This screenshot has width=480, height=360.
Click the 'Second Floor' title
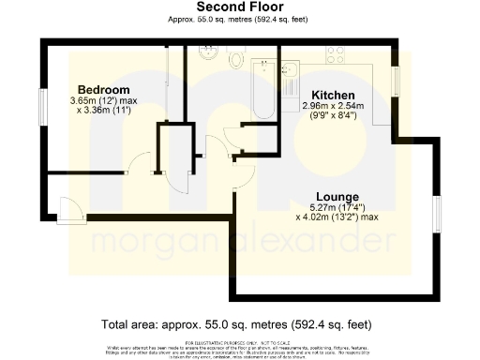239,7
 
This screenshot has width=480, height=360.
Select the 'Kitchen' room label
333,96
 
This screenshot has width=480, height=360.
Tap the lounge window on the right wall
437,217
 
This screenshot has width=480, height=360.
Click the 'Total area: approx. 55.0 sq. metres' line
239,324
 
